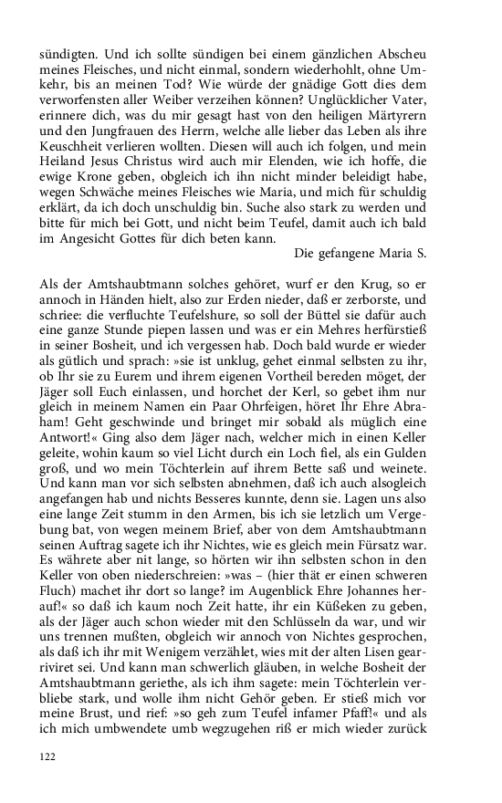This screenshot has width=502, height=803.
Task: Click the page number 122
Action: pos(47,756)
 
